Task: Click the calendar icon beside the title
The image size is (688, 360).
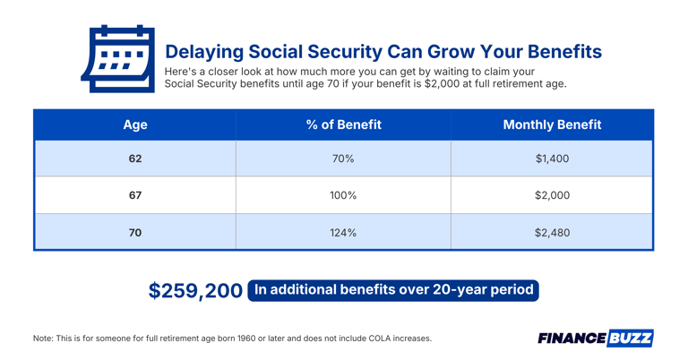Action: point(117,59)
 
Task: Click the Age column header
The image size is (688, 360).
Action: point(135,124)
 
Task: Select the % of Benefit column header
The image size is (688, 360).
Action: point(343,124)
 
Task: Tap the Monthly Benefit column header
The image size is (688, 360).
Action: point(552,124)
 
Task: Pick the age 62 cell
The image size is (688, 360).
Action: point(135,159)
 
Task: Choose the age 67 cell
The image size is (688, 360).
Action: point(135,195)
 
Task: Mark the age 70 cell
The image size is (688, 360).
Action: point(135,233)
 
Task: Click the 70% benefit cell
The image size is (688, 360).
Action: point(343,159)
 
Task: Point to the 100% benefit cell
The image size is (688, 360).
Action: point(343,195)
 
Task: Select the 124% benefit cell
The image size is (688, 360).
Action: point(343,233)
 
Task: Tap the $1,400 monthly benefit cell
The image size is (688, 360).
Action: point(552,159)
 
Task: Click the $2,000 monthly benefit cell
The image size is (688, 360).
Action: point(552,195)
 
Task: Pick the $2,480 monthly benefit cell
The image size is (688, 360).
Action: point(552,233)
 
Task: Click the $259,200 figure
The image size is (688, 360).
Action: point(195,291)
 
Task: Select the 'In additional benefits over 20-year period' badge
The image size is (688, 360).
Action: point(393,290)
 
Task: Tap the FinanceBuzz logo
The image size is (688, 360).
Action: point(596,338)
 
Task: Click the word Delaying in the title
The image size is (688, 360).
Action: point(203,51)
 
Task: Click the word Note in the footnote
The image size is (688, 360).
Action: point(43,339)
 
